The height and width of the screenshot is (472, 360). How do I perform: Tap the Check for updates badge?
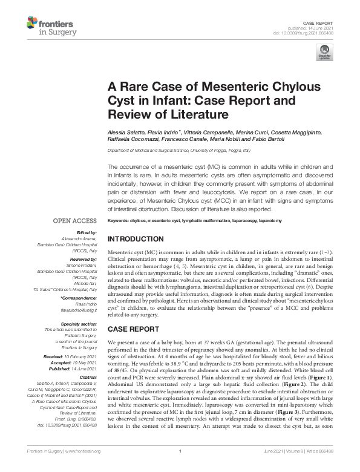pyautogui.click(x=324, y=52)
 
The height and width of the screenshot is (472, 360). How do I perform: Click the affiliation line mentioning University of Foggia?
pyautogui.click(x=191, y=149)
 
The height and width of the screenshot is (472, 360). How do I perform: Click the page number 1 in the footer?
pyautogui.click(x=180, y=467)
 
